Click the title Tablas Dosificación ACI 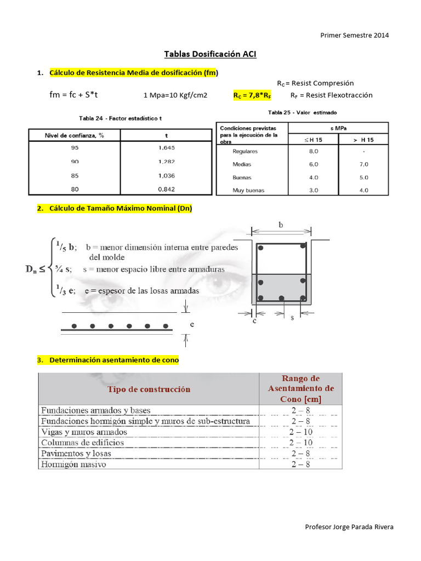click(210, 54)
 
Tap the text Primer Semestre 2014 click(355, 35)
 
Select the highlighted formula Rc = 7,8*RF click(252, 95)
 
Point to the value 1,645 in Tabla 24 click(166, 148)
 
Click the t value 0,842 click(166, 189)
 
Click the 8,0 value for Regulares click(314, 151)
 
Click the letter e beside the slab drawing click(191, 324)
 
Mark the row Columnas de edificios click(83, 442)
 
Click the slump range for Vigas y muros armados click(301, 432)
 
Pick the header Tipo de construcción click(149, 389)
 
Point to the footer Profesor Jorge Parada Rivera click(349, 527)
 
